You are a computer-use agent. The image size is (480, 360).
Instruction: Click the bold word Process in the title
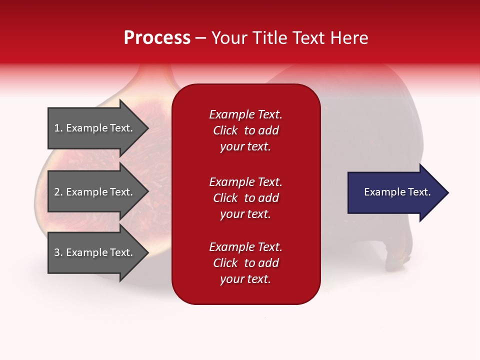157,37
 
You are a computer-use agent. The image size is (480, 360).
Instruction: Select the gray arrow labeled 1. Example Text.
95,128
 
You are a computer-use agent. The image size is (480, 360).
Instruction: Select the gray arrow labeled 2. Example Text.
95,192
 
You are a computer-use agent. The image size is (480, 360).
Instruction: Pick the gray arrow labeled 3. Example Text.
95,252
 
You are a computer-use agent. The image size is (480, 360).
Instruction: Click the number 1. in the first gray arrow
58,128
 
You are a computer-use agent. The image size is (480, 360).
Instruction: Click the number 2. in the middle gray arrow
58,192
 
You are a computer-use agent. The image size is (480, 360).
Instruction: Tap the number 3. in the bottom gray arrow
58,252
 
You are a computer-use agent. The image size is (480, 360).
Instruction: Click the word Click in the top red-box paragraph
225,130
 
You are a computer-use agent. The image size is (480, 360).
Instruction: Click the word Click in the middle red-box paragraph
225,198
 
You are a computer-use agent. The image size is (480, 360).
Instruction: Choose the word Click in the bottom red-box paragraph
225,263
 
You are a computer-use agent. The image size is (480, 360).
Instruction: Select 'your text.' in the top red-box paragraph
245,147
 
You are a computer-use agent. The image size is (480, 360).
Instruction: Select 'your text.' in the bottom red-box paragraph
245,279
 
